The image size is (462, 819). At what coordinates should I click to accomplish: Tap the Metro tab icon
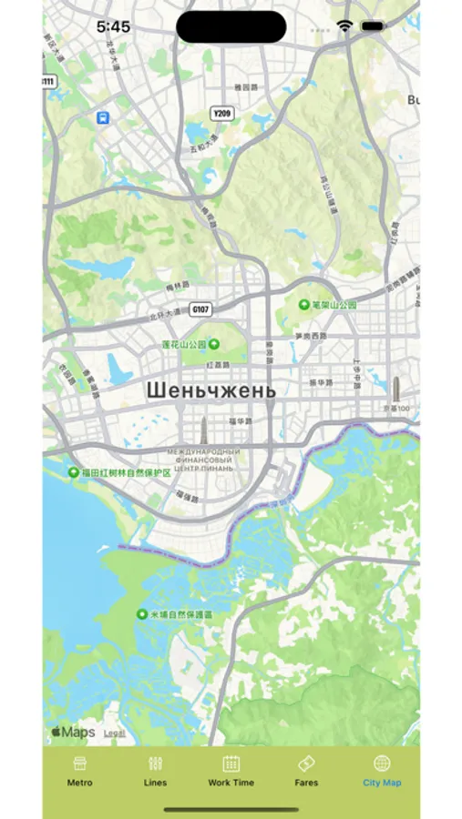pyautogui.click(x=80, y=764)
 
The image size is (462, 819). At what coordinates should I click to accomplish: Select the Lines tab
pyautogui.click(x=155, y=764)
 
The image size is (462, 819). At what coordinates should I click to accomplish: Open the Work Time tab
pyautogui.click(x=231, y=764)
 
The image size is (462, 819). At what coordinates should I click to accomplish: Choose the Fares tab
pyautogui.click(x=306, y=764)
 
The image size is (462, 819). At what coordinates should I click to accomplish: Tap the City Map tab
pyautogui.click(x=382, y=764)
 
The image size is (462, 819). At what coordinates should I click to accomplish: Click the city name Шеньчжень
pyautogui.click(x=210, y=389)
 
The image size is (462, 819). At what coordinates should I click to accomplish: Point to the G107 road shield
pyautogui.click(x=200, y=309)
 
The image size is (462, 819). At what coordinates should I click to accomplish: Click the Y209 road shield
pyautogui.click(x=221, y=113)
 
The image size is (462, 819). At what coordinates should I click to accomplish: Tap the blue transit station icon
pyautogui.click(x=103, y=117)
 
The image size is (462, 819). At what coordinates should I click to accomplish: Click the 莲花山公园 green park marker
pyautogui.click(x=214, y=344)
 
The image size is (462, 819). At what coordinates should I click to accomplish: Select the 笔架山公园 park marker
pyautogui.click(x=303, y=305)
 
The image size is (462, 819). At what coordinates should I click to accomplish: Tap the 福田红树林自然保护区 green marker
pyautogui.click(x=74, y=472)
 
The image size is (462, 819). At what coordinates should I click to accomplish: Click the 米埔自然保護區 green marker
pyautogui.click(x=142, y=615)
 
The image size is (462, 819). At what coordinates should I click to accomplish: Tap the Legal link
pyautogui.click(x=115, y=733)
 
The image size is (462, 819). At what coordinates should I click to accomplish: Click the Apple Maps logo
pyautogui.click(x=73, y=732)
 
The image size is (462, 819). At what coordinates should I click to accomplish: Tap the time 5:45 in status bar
pyautogui.click(x=113, y=26)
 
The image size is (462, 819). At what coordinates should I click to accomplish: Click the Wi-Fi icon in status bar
pyautogui.click(x=344, y=26)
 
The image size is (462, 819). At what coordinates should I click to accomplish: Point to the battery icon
pyautogui.click(x=372, y=26)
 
